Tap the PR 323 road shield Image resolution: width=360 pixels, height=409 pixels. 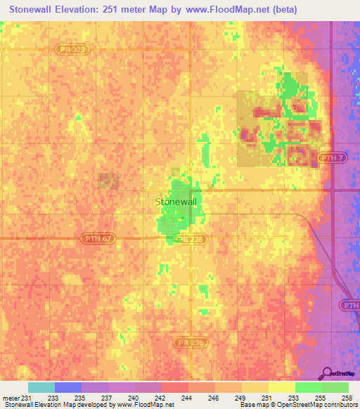coord(65,48)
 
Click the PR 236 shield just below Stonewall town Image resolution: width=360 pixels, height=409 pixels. coord(188,239)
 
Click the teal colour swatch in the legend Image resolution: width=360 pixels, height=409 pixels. coord(41,387)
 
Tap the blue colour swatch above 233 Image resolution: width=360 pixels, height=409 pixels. coord(67,387)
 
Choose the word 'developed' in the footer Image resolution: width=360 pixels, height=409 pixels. coord(96,405)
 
